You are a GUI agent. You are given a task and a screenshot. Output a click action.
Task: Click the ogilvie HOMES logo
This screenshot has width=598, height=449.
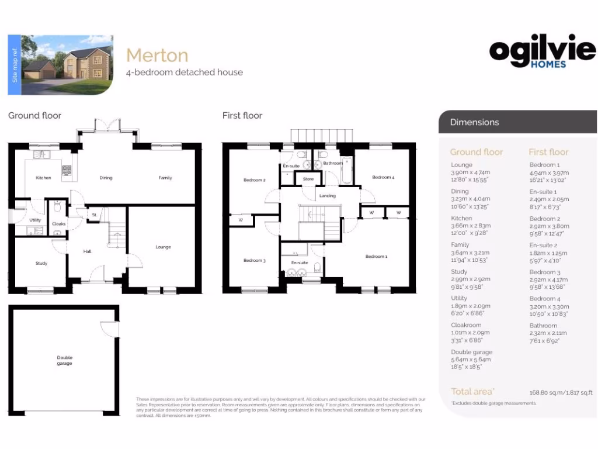[543, 54]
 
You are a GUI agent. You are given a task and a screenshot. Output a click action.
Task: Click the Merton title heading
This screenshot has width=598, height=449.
[157, 56]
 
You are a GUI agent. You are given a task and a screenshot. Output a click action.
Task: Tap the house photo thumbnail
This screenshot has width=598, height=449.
[67, 65]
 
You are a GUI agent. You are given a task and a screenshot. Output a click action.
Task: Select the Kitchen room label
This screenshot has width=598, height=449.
[43, 178]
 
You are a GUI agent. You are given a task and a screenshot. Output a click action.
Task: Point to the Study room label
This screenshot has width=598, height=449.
[41, 264]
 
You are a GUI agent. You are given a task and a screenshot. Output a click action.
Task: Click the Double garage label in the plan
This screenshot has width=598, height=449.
[64, 361]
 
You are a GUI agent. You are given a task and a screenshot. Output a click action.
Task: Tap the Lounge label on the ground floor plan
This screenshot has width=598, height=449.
[164, 247]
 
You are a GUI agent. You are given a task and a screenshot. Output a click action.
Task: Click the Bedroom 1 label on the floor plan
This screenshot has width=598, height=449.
[376, 257]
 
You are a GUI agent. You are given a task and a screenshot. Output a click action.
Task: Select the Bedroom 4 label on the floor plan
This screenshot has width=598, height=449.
[383, 177]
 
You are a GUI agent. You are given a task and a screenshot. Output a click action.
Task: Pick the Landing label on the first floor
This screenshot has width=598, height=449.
[328, 196]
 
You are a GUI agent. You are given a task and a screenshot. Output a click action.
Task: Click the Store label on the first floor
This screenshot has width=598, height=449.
[308, 179]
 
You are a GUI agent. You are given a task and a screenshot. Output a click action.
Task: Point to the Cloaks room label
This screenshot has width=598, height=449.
[59, 224]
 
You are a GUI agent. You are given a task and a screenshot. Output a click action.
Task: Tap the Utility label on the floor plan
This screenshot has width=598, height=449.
[34, 220]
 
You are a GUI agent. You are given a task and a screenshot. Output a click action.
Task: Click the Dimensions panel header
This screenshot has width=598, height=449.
[474, 122]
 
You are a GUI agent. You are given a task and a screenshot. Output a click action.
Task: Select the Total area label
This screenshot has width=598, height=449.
[472, 392]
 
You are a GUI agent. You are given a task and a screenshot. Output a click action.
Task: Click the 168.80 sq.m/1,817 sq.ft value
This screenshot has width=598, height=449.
[561, 392]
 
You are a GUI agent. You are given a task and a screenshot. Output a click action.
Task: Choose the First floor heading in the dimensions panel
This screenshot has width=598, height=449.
[548, 152]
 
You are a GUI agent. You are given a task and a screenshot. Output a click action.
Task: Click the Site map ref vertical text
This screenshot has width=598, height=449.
[16, 65]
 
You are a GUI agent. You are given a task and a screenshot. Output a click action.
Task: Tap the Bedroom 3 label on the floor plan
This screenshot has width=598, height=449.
[255, 261]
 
